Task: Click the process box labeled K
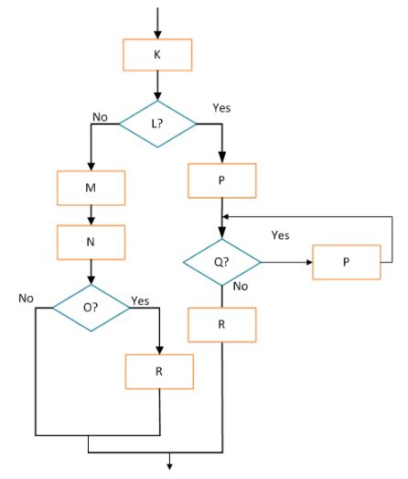click(157, 56)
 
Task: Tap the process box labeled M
click(91, 189)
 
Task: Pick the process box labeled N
click(91, 243)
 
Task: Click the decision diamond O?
click(90, 309)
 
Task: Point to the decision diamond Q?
click(221, 262)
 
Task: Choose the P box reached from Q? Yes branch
click(347, 262)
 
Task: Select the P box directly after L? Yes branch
click(221, 181)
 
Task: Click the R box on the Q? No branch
click(221, 325)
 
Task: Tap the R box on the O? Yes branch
click(160, 372)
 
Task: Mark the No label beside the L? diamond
click(101, 116)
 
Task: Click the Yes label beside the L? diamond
click(221, 107)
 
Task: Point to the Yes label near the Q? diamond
click(281, 235)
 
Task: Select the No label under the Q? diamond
click(242, 286)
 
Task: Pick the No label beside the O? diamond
click(27, 299)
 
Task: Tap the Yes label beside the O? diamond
click(141, 299)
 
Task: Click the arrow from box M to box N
click(91, 215)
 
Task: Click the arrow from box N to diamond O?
click(91, 273)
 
